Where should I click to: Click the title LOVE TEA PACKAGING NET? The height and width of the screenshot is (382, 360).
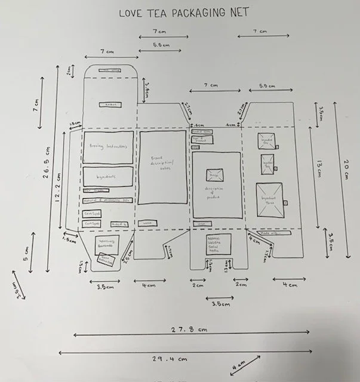tap(184, 12)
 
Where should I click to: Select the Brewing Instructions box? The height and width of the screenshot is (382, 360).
tap(108, 147)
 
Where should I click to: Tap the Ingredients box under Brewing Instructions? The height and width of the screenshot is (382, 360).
tap(108, 177)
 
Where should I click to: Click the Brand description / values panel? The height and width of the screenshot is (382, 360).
tap(163, 168)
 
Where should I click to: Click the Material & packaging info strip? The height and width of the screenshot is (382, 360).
tap(107, 201)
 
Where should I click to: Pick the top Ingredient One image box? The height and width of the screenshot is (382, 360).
tap(267, 140)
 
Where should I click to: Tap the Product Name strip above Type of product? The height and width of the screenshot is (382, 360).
tap(202, 131)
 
